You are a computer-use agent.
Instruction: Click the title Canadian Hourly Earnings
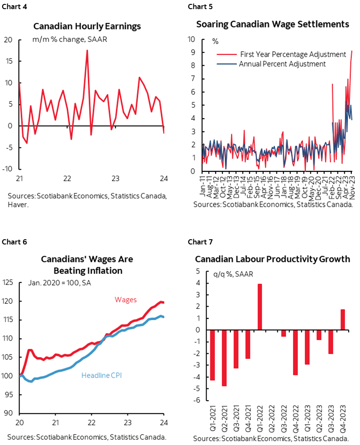pos(87,26)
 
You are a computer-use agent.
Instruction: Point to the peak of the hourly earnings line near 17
pos(87,51)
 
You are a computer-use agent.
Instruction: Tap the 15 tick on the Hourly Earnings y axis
pos(10,61)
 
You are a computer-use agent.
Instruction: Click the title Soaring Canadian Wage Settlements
pos(273,24)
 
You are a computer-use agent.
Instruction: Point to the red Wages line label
pos(126,300)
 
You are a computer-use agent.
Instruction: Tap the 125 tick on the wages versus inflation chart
pos(10,282)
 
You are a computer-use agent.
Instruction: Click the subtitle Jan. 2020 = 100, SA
pos(57,282)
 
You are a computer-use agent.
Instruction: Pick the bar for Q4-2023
pos(343,320)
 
